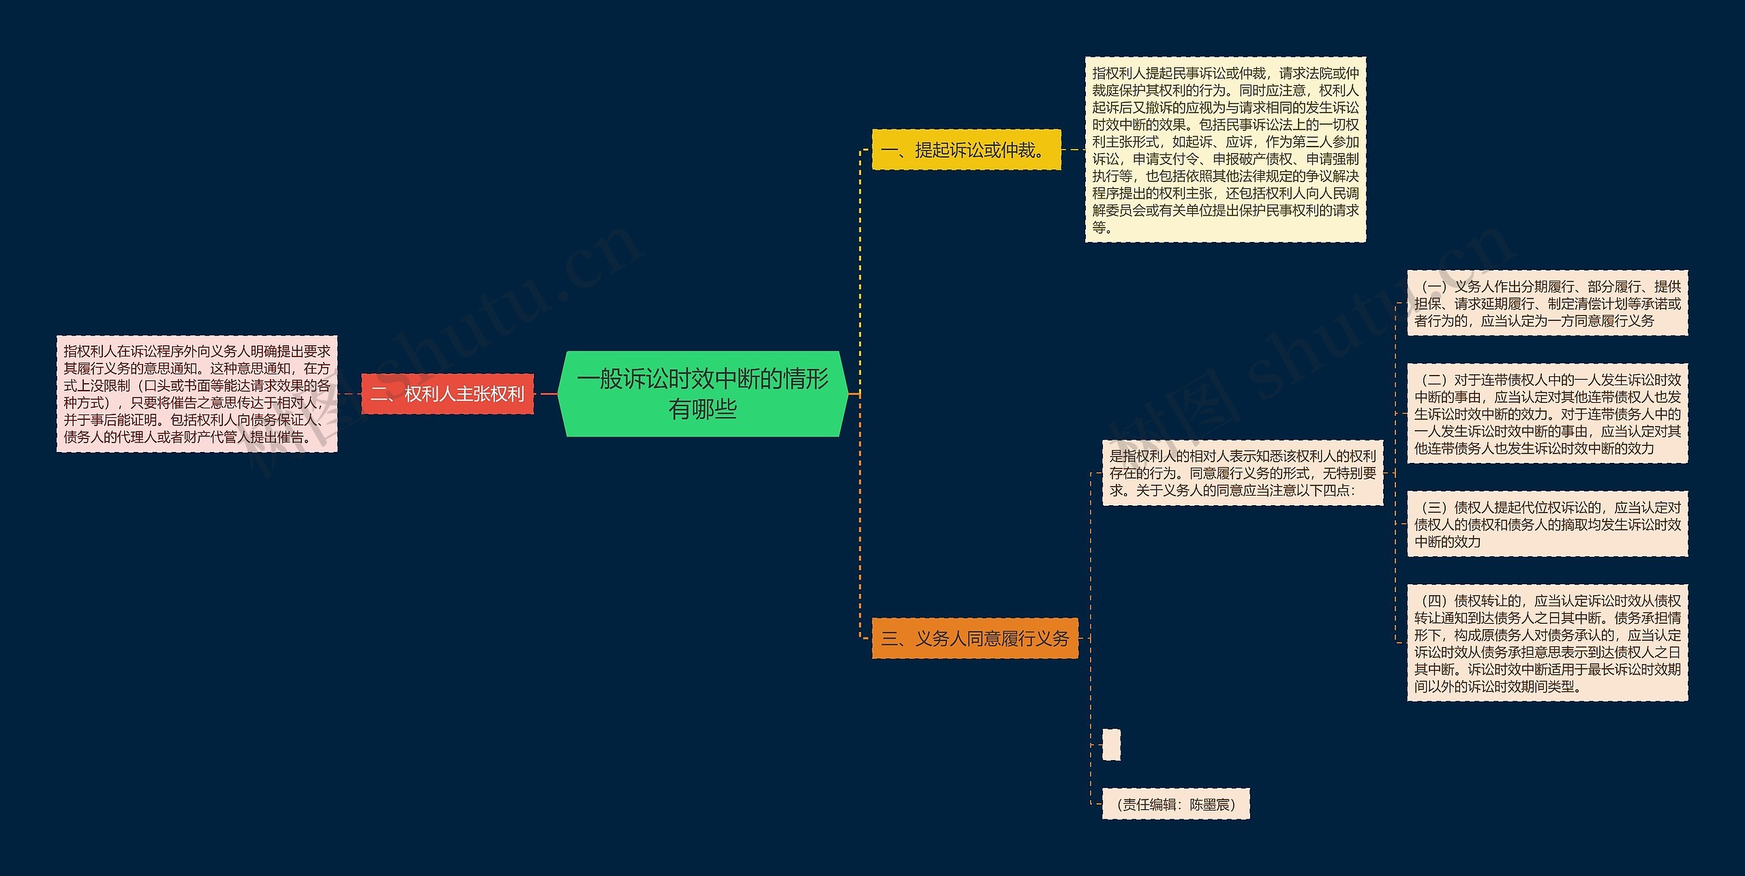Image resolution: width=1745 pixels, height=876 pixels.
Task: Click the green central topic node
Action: coord(702,393)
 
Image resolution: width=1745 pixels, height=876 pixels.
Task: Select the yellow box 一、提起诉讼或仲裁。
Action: coord(966,150)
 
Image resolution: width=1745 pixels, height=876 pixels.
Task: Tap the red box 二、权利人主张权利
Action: coord(447,394)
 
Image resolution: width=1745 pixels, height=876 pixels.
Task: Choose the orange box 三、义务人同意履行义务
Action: coord(975,638)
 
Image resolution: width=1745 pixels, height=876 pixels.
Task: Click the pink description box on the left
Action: coord(197,394)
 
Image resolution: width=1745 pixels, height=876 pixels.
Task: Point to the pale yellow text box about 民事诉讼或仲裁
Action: coord(1225,150)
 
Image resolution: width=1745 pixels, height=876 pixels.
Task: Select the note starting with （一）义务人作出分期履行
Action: coord(1547,303)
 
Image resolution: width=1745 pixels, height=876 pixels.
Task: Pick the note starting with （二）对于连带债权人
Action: coord(1547,414)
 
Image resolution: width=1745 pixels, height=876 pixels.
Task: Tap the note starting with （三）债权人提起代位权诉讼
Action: coord(1547,524)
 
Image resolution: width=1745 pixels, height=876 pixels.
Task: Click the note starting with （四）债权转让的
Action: coord(1547,643)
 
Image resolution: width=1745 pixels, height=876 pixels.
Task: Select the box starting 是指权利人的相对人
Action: coord(1242,473)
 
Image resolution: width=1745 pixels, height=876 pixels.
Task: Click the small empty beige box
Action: coord(1111,744)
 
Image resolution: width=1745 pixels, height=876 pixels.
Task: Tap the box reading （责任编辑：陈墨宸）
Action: coord(1176,804)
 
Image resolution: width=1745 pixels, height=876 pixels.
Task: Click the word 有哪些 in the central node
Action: coord(703,410)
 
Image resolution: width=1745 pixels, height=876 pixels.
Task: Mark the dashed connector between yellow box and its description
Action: coord(1073,150)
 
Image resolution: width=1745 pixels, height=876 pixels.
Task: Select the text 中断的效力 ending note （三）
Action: coord(1448,542)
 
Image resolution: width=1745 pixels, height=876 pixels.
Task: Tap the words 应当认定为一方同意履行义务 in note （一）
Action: coord(1567,321)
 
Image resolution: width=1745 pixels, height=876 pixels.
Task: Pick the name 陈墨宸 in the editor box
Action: coord(1209,804)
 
